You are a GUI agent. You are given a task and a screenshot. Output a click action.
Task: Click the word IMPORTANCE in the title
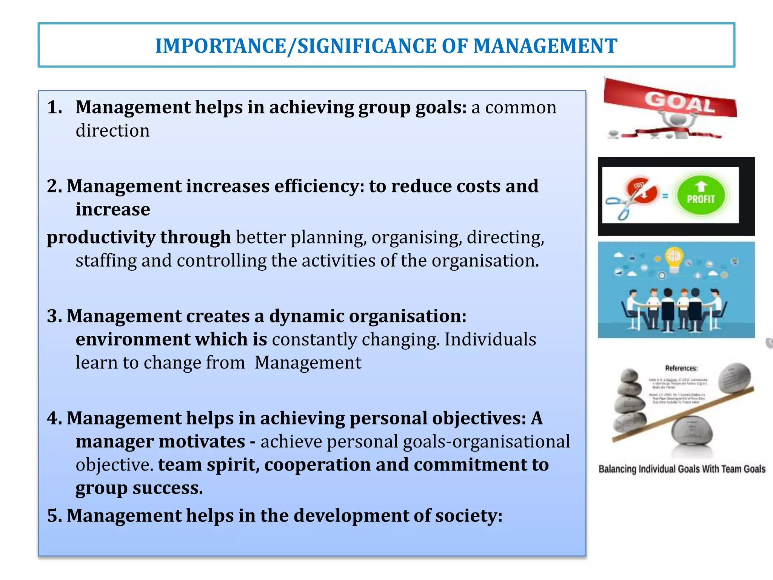click(221, 46)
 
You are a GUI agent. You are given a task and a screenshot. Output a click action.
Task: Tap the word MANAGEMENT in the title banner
click(545, 46)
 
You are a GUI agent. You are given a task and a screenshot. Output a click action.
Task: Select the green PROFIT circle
click(701, 196)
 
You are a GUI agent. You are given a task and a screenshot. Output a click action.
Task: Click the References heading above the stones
click(681, 368)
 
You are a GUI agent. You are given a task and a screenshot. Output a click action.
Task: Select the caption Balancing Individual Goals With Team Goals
click(682, 469)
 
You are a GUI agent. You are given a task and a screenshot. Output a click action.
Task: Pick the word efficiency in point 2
click(319, 186)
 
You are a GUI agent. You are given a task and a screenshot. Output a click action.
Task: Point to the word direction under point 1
click(112, 131)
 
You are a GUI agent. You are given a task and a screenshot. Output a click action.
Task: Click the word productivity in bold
click(101, 238)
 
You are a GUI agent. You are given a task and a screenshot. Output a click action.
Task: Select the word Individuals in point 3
click(490, 339)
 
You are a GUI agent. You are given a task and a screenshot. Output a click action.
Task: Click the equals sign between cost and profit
click(665, 196)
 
